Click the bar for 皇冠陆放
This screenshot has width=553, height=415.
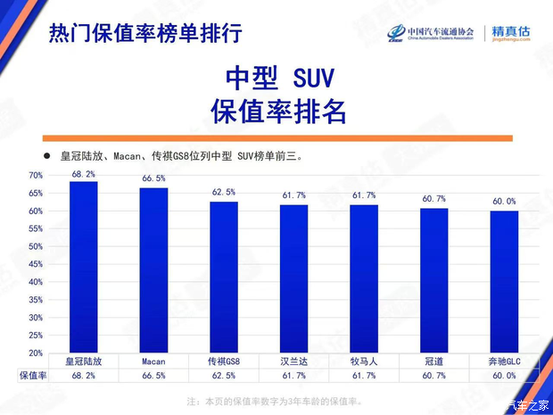(x=84, y=268)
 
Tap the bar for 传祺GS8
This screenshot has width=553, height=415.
(x=224, y=278)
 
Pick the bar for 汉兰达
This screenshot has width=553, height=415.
(x=293, y=279)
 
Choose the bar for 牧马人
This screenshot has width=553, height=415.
(x=364, y=279)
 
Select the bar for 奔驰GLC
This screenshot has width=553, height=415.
(x=504, y=282)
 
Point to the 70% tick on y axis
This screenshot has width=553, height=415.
(x=36, y=176)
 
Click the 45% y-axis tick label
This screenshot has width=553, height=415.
(x=36, y=265)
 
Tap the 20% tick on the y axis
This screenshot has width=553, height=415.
(x=36, y=354)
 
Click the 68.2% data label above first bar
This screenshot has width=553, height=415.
(x=84, y=174)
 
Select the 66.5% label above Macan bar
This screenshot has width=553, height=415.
(x=153, y=179)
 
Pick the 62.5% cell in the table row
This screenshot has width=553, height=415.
(x=224, y=377)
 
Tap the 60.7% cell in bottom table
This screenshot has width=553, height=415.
(x=434, y=377)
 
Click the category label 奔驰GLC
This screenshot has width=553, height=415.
(x=504, y=362)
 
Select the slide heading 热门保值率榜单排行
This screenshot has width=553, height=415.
(x=144, y=33)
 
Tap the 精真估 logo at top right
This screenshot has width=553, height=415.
(x=511, y=33)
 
